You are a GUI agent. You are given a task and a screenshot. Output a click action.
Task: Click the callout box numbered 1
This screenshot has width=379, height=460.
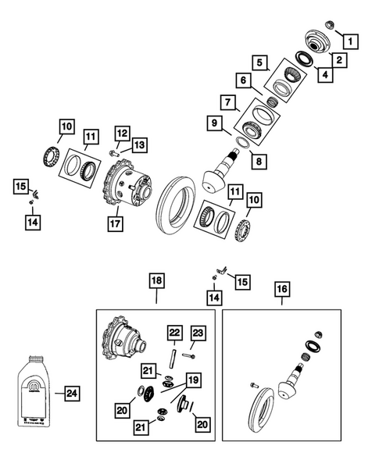pos(350,41)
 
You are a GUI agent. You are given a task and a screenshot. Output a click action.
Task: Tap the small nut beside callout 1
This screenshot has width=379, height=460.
pos(328,23)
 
